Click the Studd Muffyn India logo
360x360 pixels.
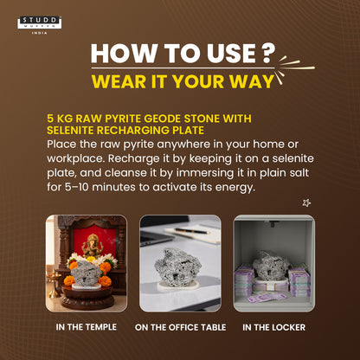point(40,25)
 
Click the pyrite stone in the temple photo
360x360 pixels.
point(86,273)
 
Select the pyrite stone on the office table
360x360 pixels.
point(177,267)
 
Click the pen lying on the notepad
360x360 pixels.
point(191,231)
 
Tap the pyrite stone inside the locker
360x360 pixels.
point(271,265)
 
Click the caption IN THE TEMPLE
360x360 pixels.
point(87,327)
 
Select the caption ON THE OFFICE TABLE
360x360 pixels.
point(180,327)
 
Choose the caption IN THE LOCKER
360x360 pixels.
point(273,327)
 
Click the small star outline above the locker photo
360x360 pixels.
point(306,202)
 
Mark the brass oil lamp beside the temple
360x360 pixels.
point(54,284)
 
